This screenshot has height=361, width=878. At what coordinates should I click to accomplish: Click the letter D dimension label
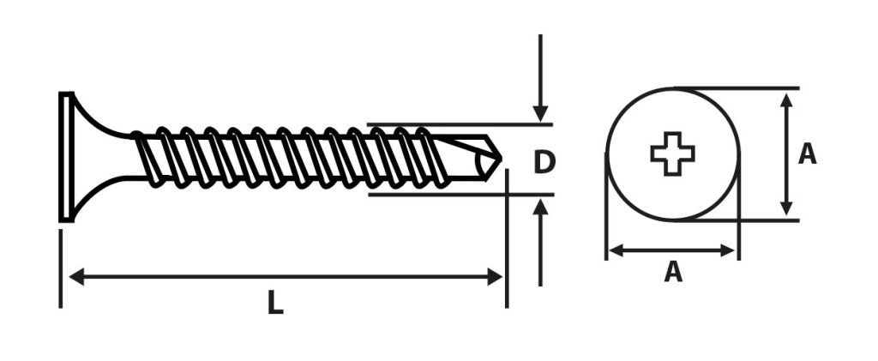coord(544,162)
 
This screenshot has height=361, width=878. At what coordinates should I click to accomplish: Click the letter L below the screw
coord(274,303)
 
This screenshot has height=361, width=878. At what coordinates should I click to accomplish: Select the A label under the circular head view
coord(673,272)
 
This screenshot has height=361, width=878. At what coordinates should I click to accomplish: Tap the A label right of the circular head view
coord(807,153)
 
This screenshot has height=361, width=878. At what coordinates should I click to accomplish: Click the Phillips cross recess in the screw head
coord(672,153)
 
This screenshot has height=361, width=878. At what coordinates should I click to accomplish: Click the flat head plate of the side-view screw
coord(66,157)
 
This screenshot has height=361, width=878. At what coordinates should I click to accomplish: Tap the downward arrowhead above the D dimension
coord(540,114)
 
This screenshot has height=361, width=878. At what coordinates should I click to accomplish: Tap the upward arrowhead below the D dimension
coord(540,208)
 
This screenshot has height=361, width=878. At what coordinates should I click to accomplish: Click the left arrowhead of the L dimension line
coord(76,276)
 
